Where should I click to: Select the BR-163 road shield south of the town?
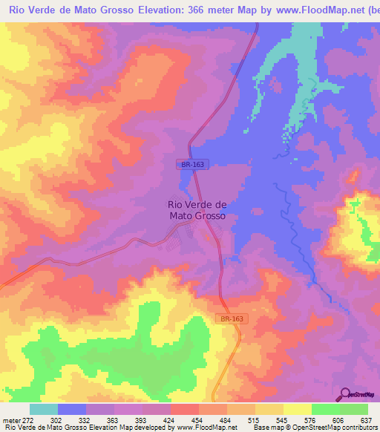click(x=231, y=318)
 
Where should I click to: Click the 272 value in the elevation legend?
click(x=27, y=419)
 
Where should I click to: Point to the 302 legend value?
click(x=56, y=419)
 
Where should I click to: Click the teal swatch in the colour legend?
click(x=44, y=409)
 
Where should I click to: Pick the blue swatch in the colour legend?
click(x=72, y=409)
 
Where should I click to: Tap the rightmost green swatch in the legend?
click(x=354, y=409)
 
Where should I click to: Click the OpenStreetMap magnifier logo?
click(x=345, y=393)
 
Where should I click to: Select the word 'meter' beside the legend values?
click(x=10, y=419)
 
